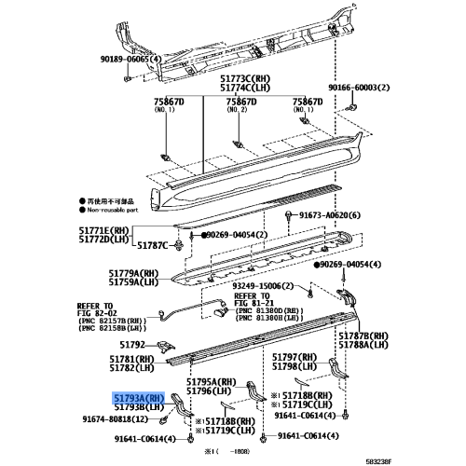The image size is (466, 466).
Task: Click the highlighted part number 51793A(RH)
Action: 139,396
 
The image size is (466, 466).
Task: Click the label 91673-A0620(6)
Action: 331,214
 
